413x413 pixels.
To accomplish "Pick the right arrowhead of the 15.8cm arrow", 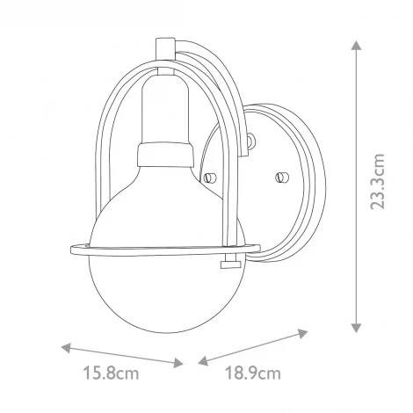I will point(181,360).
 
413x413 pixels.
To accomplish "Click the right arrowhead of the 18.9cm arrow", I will point(308,332).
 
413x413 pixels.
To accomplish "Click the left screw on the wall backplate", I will point(211,178).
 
